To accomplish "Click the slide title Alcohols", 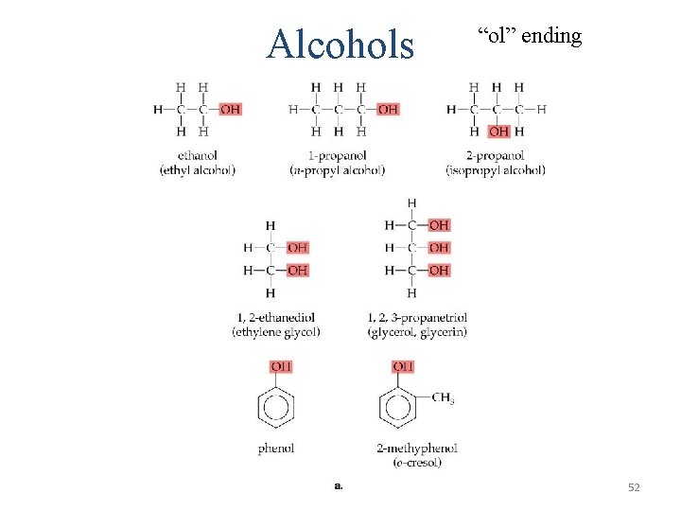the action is (x=340, y=44).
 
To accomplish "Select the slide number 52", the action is (x=634, y=486).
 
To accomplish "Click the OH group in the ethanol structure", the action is (x=230, y=110).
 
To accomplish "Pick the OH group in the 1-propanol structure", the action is (x=388, y=110).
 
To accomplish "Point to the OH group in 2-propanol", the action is (x=498, y=132).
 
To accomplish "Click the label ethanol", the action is (x=197, y=155).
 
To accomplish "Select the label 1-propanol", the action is (x=337, y=155).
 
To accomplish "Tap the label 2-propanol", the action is (x=497, y=155).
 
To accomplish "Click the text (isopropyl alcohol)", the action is (x=496, y=170).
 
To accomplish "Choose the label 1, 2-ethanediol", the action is (x=276, y=317).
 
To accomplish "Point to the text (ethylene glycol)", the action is (x=276, y=331).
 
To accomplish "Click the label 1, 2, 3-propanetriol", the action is (x=416, y=317).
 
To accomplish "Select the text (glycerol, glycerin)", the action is (x=416, y=331).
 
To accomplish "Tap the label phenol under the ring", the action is (x=276, y=448).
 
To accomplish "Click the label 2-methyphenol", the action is (x=417, y=448).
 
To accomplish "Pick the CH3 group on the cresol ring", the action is (x=443, y=397).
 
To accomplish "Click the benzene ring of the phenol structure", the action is (x=276, y=408).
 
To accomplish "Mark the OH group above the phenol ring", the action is (x=281, y=366).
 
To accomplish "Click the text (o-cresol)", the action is (x=417, y=462).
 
